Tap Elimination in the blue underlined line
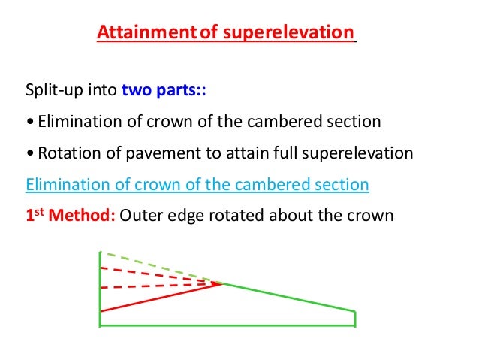pyautogui.click(x=62, y=184)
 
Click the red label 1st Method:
pyautogui.click(x=70, y=215)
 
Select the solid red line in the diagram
pyautogui.click(x=158, y=298)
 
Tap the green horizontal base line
pyautogui.click(x=225, y=325)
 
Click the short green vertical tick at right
pyautogui.click(x=355, y=319)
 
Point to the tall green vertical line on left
pyautogui.click(x=100, y=293)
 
